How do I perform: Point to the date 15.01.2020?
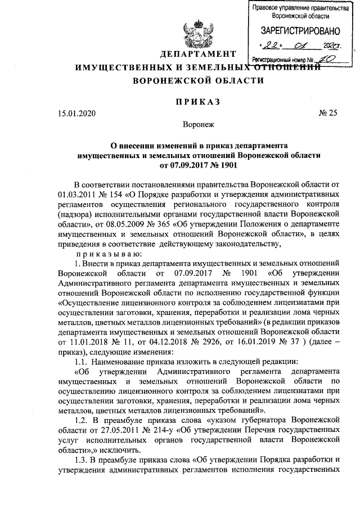point(76,112)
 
